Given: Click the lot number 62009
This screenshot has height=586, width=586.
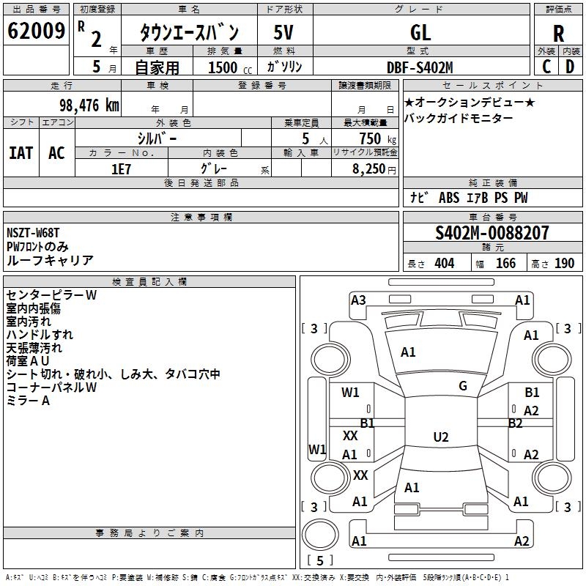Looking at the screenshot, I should (36, 31).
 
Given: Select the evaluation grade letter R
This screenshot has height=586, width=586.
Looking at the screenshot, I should (558, 33).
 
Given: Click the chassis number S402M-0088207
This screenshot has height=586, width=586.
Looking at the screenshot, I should (492, 233).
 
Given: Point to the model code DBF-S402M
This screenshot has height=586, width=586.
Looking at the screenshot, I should (420, 67).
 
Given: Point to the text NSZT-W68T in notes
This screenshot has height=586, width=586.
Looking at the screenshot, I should (33, 233).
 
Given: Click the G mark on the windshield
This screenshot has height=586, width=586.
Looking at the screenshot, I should (463, 385).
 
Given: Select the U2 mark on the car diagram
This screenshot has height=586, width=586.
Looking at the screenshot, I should (440, 437).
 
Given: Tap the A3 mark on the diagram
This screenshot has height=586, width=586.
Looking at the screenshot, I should (358, 300).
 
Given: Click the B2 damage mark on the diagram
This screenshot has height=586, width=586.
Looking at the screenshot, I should (516, 423).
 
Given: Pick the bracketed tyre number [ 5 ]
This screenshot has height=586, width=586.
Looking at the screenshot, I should (319, 561).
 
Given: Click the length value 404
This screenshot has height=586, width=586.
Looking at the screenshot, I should (444, 264).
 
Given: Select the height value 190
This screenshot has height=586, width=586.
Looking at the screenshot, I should (564, 264).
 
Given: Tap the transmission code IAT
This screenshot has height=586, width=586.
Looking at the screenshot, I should (21, 152).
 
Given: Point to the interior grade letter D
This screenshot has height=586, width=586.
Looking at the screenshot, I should (570, 66).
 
